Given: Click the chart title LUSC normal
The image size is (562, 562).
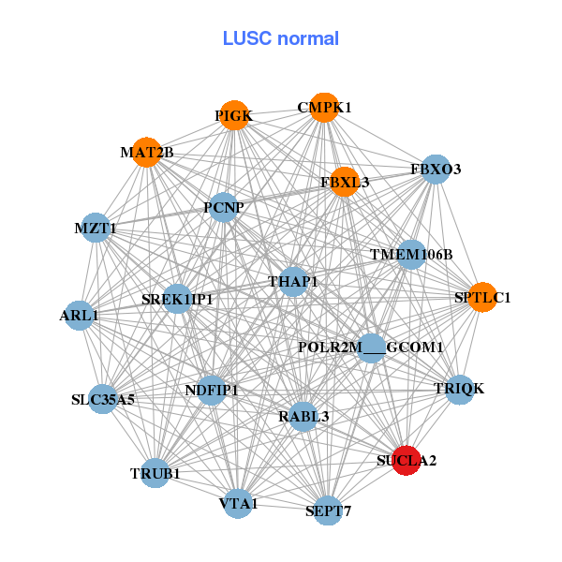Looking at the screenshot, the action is point(280,38).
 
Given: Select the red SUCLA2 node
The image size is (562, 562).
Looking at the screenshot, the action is point(407,460).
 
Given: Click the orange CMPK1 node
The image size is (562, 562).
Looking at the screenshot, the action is point(323,107).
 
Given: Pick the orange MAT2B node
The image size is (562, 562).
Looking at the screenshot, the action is point(147,152).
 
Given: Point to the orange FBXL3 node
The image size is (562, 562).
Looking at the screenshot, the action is point(344,182).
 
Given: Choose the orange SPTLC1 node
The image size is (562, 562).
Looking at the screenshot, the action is point(482,298).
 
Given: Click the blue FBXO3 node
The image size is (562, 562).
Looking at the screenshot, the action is point(436,170).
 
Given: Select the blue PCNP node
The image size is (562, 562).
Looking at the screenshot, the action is point(223,207).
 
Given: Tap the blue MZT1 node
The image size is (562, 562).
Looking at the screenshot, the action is point(96,228).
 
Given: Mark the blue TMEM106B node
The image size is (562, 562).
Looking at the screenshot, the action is point(411,254).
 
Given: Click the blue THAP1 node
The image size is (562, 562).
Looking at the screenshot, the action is point(293,281).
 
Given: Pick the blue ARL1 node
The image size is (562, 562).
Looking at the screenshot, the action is point(80,316).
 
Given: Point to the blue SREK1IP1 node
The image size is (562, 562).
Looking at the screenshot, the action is point(178,300).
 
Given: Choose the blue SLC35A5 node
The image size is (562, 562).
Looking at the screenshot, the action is point(103,399).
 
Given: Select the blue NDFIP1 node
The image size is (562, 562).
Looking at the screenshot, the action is point(212,390).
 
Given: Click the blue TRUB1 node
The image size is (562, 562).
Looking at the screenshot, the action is point(155,473).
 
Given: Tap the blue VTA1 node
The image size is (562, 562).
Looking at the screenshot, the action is point(238,504).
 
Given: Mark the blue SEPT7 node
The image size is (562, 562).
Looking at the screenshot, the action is point(326,510).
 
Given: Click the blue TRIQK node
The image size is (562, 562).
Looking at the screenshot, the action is point(459,388).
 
